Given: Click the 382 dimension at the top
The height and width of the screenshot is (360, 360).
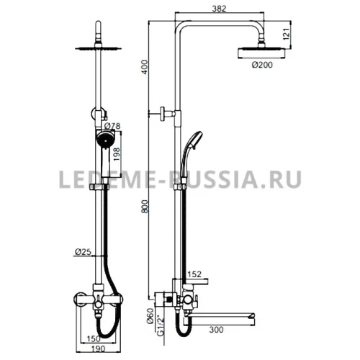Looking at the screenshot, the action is (x=220, y=9).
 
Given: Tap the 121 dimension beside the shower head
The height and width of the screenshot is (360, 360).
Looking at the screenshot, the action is (x=287, y=34).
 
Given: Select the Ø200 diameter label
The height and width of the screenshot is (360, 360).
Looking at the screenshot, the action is (x=262, y=65).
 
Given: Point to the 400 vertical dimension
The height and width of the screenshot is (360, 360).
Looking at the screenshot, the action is (x=145, y=67).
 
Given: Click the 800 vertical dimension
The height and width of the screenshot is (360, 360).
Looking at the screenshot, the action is (x=145, y=207).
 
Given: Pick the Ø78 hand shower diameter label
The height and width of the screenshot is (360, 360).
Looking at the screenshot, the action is (x=112, y=126).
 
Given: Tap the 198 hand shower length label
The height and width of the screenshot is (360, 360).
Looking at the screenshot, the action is (x=117, y=154).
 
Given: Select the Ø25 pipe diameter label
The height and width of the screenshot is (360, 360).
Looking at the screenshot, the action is (x=84, y=252).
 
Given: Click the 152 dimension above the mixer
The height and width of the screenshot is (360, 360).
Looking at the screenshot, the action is (x=194, y=274).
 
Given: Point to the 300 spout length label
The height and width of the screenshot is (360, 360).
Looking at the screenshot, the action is (x=216, y=330).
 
